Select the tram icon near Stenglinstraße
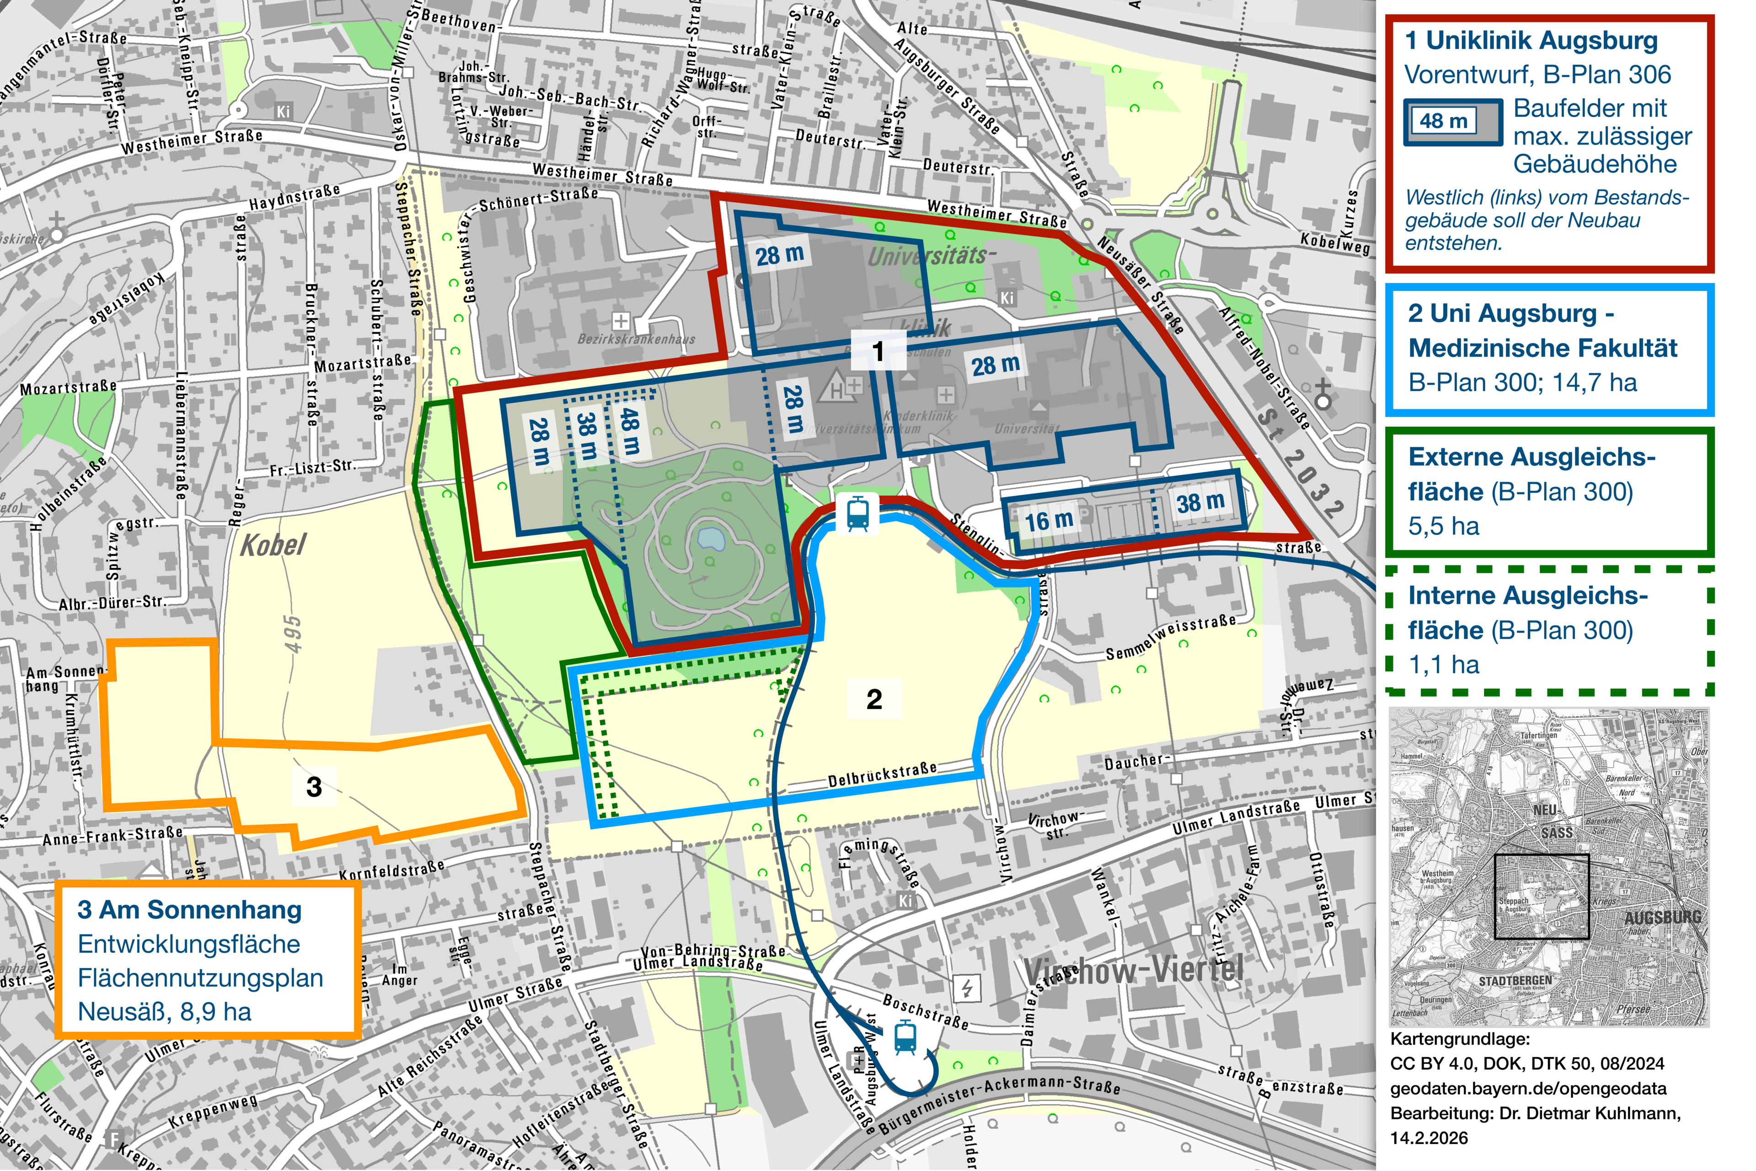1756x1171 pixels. click(x=858, y=514)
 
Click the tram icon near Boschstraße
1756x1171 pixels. click(x=905, y=1037)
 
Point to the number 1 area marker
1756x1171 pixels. click(x=878, y=351)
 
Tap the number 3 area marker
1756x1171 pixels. click(x=314, y=786)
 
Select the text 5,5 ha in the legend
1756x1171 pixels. click(x=1442, y=526)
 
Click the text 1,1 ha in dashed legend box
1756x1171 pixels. click(x=1442, y=665)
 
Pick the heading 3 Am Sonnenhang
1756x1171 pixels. click(x=190, y=910)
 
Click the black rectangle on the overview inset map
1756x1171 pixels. click(x=1541, y=896)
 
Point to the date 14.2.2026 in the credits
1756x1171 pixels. click(x=1428, y=1138)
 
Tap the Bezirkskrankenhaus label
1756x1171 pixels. click(x=636, y=339)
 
